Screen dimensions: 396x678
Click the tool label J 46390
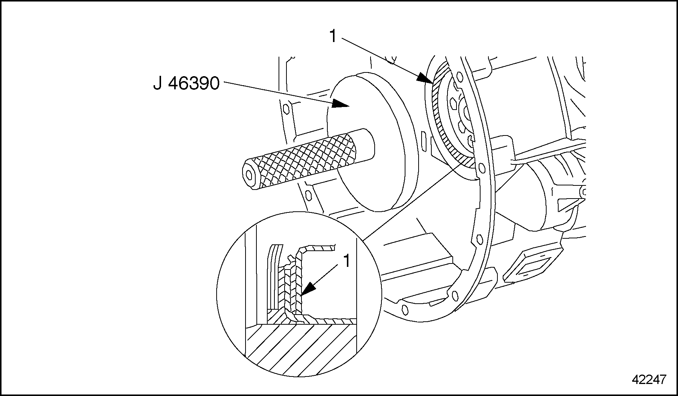tap(186, 83)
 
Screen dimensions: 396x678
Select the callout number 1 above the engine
tap(333, 36)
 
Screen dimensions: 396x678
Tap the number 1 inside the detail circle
tap(347, 261)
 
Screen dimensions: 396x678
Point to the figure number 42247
tap(649, 380)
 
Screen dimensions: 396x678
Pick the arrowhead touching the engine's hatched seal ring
tap(426, 78)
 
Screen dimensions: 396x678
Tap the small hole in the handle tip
tap(249, 174)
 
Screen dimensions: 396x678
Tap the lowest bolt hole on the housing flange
tap(405, 309)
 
